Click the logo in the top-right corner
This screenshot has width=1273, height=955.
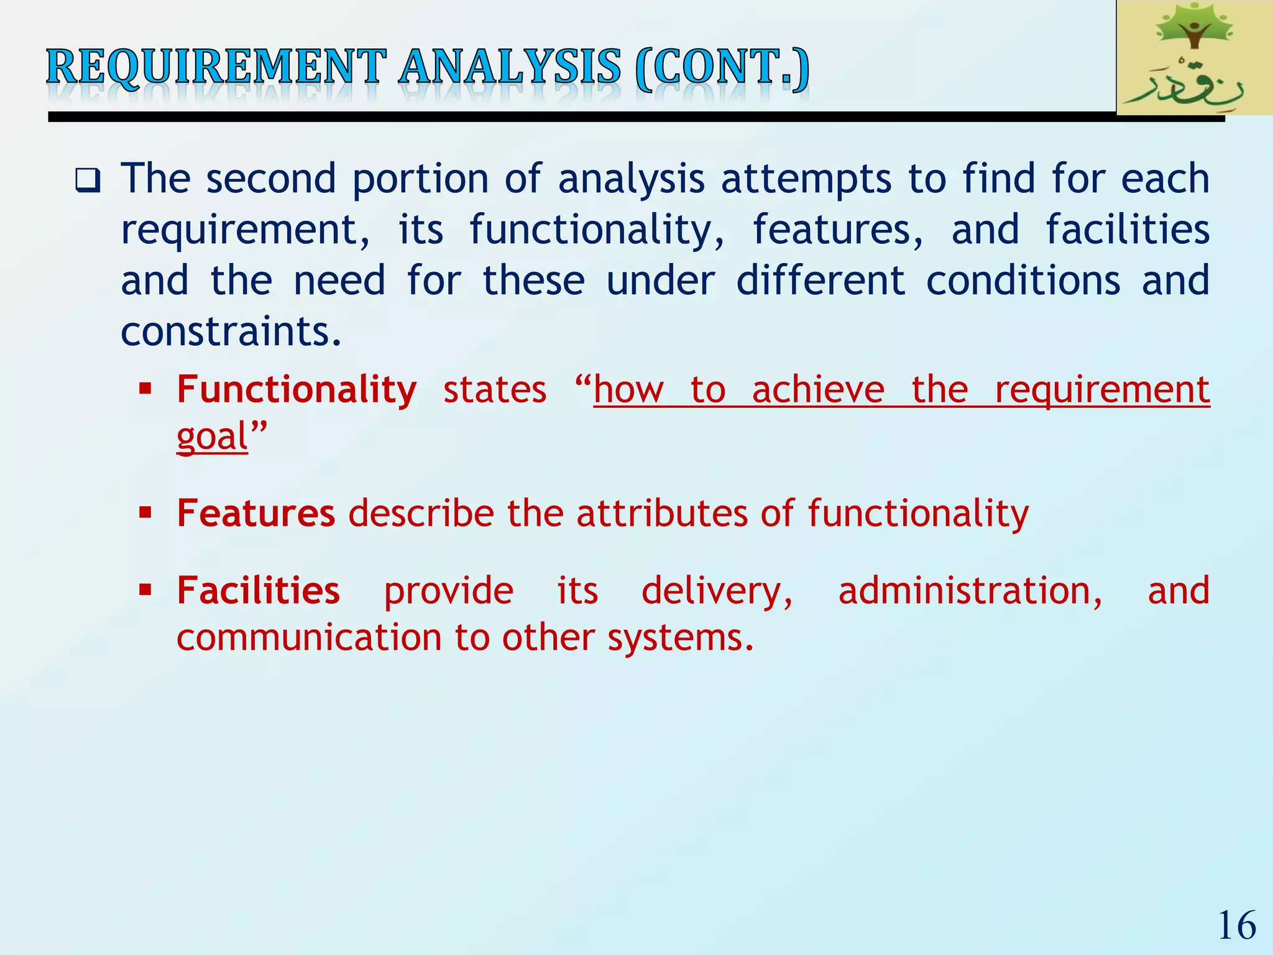pos(1193,58)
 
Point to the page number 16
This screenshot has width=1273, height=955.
pos(1236,926)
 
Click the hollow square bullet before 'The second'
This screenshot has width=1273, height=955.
pos(88,181)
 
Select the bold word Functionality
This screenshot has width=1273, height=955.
pos(296,390)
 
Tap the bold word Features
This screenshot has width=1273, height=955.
pos(255,514)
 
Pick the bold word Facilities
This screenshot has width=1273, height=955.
pos(258,591)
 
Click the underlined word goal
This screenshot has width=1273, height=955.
pos(212,436)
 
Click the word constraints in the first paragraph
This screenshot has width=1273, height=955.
pos(230,331)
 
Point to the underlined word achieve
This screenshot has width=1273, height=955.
pos(818,390)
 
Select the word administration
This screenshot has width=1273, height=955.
pos(970,591)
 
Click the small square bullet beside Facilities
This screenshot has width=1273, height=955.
pos(145,589)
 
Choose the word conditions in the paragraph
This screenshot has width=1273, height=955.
pos(1023,280)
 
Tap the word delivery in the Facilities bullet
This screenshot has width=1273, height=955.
pos(717,591)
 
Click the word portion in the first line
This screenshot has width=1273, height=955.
pos(420,180)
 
